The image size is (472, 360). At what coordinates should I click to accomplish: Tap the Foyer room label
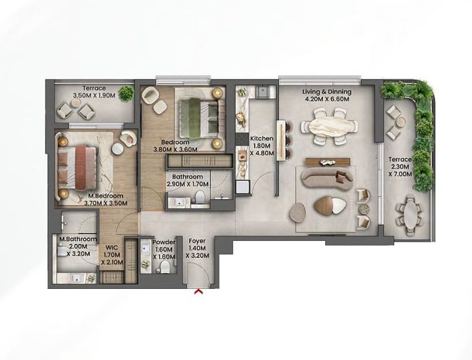[x=197, y=241]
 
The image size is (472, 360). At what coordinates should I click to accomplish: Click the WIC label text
[x=112, y=248]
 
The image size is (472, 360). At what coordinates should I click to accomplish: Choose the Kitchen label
[x=261, y=139]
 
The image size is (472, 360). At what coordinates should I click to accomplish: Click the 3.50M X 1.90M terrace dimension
[x=95, y=96]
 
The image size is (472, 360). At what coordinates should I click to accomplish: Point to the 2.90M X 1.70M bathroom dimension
[x=187, y=184]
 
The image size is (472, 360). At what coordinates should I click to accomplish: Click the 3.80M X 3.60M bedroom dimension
[x=175, y=150]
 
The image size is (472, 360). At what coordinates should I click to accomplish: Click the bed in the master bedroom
[x=75, y=166]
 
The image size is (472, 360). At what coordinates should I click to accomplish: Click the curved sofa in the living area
[x=324, y=179]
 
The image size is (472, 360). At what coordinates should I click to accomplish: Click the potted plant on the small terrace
[x=126, y=93]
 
